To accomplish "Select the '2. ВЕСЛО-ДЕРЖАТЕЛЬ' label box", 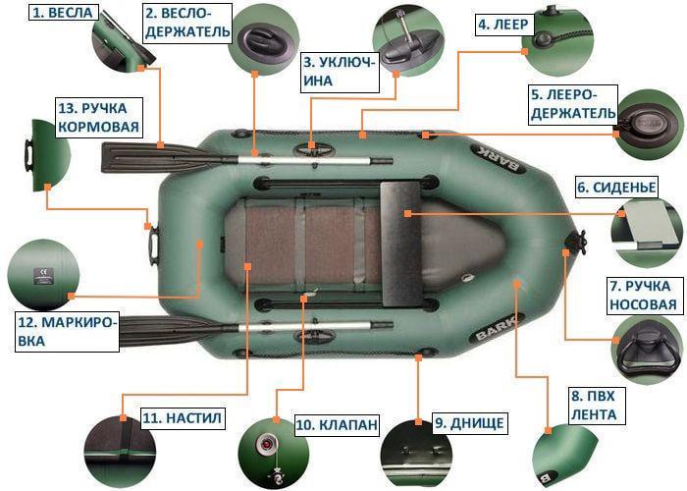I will pos(187,23).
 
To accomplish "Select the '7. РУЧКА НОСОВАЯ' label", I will pos(643,296).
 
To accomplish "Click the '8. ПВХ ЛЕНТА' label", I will pos(593,406).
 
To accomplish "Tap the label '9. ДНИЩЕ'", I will pos(469,423).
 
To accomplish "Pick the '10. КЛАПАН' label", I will pos(336,425).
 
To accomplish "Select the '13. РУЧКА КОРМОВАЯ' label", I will pos(98,117).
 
